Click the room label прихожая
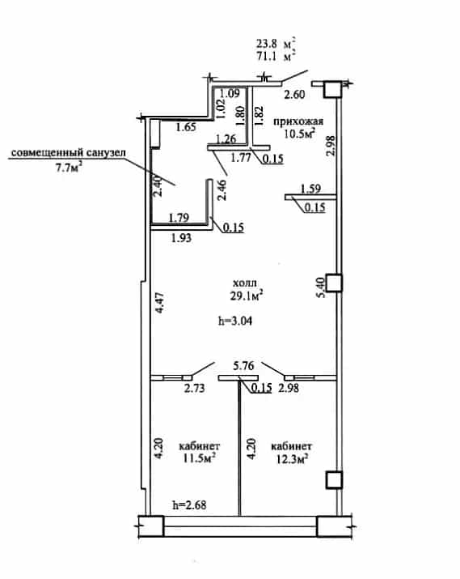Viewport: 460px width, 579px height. (298, 121)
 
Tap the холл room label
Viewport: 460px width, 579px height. (245, 283)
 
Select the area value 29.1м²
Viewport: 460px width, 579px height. (247, 296)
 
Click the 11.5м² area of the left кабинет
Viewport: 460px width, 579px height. (199, 458)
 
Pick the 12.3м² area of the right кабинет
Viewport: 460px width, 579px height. (292, 458)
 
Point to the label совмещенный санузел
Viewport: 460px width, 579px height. (69, 152)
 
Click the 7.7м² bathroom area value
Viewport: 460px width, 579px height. (69, 168)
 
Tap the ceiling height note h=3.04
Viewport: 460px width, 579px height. (235, 321)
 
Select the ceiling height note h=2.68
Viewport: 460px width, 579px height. (189, 504)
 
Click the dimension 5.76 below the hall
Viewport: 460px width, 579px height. (243, 365)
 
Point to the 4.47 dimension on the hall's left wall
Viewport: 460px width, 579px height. (159, 302)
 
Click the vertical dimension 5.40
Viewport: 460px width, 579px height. (321, 287)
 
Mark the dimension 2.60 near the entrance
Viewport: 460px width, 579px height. (294, 95)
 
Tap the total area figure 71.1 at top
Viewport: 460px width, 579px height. (267, 57)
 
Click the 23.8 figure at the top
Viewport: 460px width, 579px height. (267, 44)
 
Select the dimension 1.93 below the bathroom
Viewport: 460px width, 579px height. (181, 238)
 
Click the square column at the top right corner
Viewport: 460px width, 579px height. (333, 89)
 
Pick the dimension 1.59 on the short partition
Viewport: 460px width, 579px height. (310, 189)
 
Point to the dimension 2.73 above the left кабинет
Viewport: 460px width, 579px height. (194, 388)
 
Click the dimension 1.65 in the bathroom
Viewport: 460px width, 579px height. (186, 127)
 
